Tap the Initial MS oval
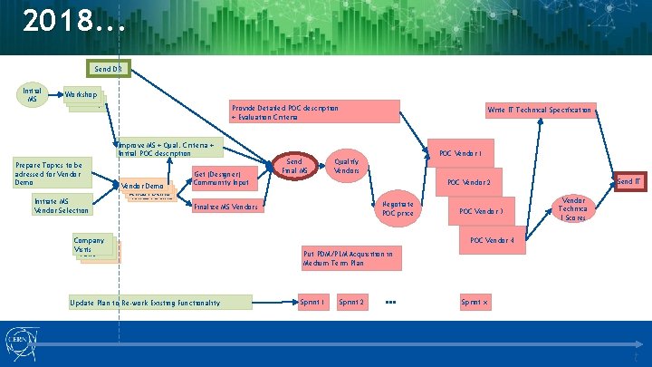[x=32, y=94]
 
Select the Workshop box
[x=81, y=95]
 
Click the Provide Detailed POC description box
[x=313, y=111]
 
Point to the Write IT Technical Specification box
[x=539, y=111]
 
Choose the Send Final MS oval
[x=294, y=165]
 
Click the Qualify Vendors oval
[x=347, y=165]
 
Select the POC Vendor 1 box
[x=466, y=153]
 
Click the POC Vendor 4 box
[x=493, y=241]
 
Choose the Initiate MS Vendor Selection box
[x=62, y=206]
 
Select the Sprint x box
[x=475, y=302]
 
